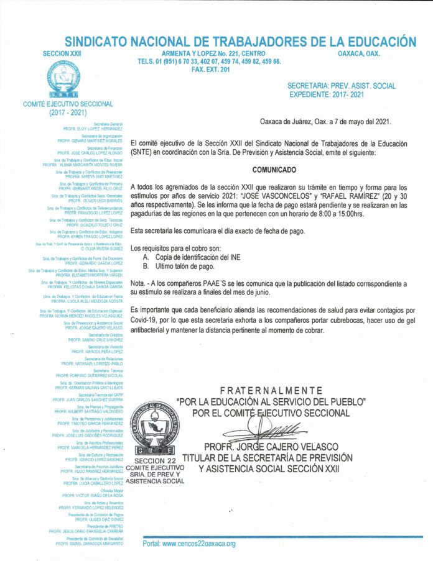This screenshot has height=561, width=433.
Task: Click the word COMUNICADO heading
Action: click(x=274, y=169)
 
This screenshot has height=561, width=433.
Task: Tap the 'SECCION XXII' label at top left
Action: click(x=62, y=55)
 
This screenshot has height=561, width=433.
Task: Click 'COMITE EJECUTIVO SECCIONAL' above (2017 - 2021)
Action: click(x=68, y=104)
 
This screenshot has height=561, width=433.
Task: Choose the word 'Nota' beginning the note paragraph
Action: click(x=138, y=283)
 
